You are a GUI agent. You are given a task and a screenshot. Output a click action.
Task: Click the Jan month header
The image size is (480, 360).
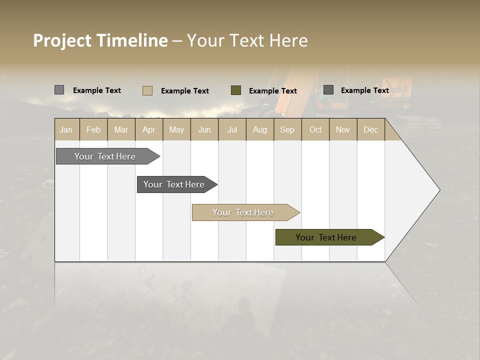66,129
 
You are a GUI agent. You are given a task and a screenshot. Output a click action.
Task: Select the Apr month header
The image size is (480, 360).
149,129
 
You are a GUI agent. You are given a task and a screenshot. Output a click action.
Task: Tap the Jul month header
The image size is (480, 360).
232,129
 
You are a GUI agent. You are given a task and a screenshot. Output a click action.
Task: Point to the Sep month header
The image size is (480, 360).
287,129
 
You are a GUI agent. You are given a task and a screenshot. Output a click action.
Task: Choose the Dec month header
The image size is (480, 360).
370,129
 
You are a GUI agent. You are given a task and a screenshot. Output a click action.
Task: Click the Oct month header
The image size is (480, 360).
315,129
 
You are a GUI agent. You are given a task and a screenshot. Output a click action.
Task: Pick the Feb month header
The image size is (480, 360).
93,129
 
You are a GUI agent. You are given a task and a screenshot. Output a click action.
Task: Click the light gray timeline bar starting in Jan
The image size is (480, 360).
105,156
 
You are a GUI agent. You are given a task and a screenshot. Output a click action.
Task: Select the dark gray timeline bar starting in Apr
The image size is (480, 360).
174,184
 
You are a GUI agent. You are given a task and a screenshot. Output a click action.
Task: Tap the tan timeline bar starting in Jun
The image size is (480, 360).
243,212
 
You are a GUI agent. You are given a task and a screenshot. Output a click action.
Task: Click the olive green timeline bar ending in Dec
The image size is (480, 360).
326,237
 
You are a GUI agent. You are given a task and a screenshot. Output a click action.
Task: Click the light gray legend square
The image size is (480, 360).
59,90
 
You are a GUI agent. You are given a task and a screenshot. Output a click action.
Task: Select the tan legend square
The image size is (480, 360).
147,90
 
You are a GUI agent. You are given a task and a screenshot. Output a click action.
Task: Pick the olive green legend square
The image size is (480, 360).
236,90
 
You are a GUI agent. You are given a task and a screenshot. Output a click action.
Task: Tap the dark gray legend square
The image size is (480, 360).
328,90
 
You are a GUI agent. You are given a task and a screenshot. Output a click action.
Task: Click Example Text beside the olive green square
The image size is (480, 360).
272,91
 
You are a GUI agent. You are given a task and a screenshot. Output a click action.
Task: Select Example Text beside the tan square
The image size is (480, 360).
184,91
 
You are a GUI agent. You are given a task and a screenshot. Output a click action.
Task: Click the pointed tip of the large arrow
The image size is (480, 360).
438,190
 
